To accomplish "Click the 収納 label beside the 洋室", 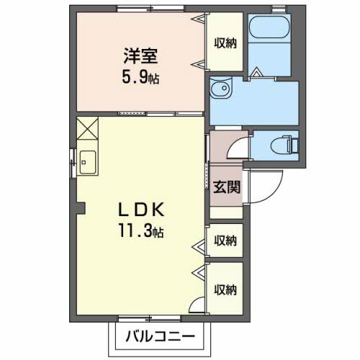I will [225, 43].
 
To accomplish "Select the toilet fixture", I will [288, 146].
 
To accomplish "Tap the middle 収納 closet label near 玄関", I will [225, 240].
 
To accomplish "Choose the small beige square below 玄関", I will [225, 212].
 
